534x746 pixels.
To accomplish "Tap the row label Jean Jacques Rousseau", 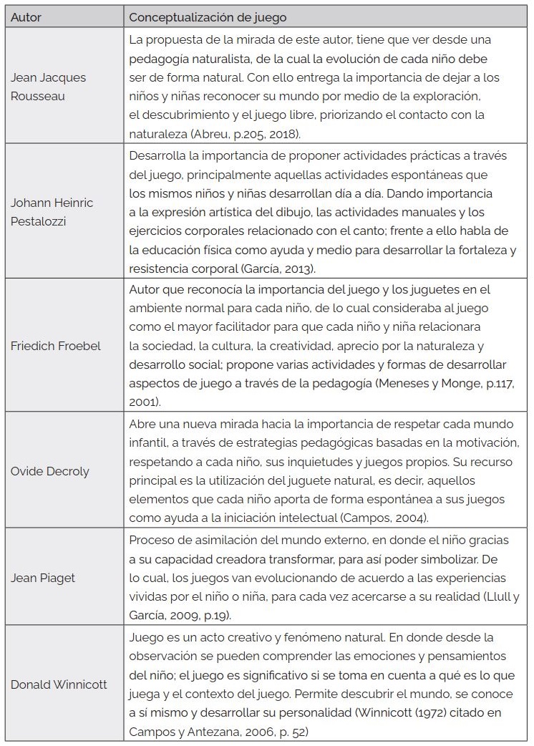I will (48, 87).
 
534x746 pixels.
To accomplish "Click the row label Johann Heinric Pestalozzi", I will (52, 212).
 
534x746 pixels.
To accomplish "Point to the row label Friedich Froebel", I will (55, 346).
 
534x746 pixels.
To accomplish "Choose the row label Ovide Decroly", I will (49, 472).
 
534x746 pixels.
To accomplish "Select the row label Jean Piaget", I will (43, 578).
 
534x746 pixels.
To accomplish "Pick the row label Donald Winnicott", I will (59, 684).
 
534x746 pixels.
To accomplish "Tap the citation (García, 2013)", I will (278, 268).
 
